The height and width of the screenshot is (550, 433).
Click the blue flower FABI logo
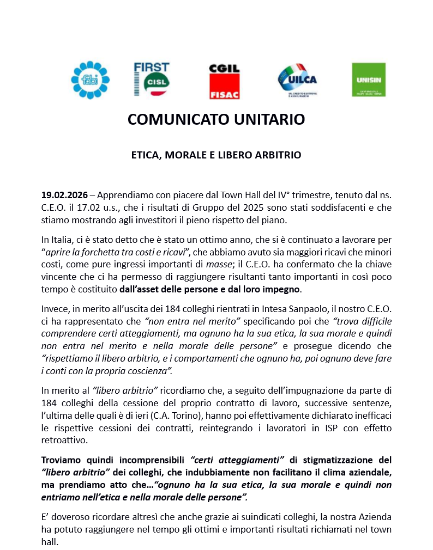90,80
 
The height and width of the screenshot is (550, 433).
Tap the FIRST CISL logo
151,80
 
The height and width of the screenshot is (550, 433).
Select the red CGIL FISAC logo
224,81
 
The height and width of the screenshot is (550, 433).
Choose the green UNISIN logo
369,80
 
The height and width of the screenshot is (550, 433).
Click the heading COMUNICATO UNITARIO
216,119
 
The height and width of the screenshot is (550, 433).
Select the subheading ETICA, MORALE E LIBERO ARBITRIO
216,155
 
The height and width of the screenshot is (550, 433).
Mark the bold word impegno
279,289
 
